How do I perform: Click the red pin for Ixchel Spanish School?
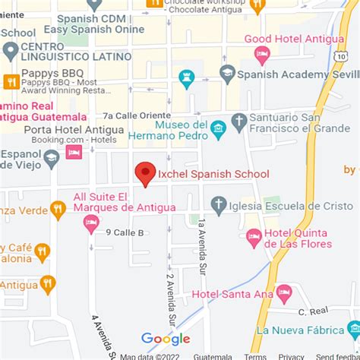click(x=145, y=173)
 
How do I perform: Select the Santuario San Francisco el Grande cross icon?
click(x=239, y=122)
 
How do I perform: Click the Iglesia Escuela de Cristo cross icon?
click(x=219, y=204)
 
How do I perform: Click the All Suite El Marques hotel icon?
click(x=91, y=223)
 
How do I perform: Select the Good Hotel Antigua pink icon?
click(x=262, y=53)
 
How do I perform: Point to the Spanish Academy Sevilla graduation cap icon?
click(x=226, y=74)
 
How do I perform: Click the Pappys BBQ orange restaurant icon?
click(x=11, y=82)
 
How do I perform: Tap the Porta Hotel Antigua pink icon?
click(x=74, y=152)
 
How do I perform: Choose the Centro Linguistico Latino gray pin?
click(x=11, y=52)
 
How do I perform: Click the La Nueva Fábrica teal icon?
click(x=353, y=329)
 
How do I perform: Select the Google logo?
click(x=166, y=339)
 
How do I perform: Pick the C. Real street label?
click(x=312, y=311)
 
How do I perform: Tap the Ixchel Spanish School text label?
click(x=213, y=174)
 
